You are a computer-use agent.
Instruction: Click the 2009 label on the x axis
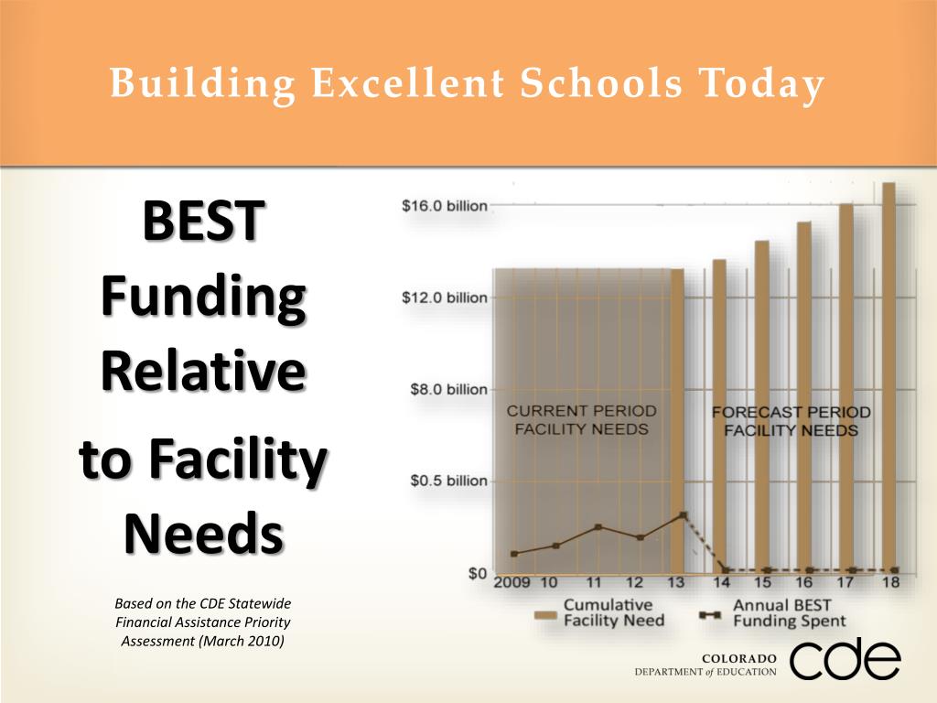pos(512,583)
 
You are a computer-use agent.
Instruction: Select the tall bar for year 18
pos(888,375)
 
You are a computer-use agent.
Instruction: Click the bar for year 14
pos(720,412)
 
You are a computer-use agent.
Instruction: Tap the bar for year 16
pos(804,394)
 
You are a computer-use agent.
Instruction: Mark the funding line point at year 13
pos(683,515)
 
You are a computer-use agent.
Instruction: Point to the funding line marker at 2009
pos(514,554)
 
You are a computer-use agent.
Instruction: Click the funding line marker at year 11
pos(598,527)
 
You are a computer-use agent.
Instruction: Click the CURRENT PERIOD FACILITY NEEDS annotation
pos(581,420)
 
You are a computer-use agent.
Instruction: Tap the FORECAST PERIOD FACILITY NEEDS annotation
pos(791,421)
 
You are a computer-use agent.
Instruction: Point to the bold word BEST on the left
pos(203,223)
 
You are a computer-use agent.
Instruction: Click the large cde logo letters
pos(845,659)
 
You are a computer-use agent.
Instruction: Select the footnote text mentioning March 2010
pos(203,622)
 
